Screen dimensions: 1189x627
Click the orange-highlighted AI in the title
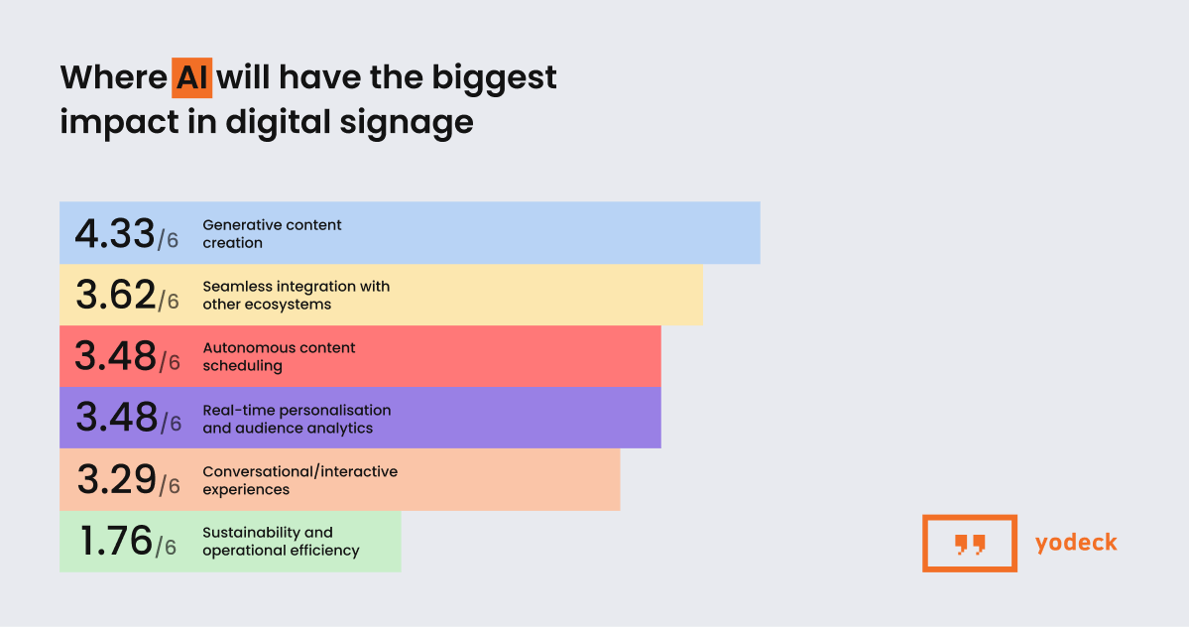tap(191, 77)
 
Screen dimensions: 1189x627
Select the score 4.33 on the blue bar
tap(115, 233)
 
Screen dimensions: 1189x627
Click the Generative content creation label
tap(272, 233)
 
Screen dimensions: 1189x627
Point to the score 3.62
tap(116, 295)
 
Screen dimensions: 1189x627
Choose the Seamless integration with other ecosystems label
tap(296, 295)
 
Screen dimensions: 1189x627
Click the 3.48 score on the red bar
tap(115, 356)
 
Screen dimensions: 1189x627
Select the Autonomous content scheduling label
tap(279, 356)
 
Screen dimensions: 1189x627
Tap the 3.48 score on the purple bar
tap(116, 418)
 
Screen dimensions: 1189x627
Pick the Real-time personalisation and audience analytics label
tap(297, 419)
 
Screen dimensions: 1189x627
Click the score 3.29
tap(117, 479)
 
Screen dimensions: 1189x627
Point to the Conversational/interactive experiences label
tap(299, 480)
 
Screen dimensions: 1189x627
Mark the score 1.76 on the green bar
tap(116, 541)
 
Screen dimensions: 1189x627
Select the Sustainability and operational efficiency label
tap(281, 542)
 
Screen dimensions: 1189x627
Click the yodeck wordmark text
tap(1076, 543)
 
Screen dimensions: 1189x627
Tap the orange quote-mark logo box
tap(970, 518)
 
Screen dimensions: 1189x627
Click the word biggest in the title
tap(495, 78)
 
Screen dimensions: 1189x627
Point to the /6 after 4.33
tap(168, 239)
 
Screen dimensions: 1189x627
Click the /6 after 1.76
tap(166, 547)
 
